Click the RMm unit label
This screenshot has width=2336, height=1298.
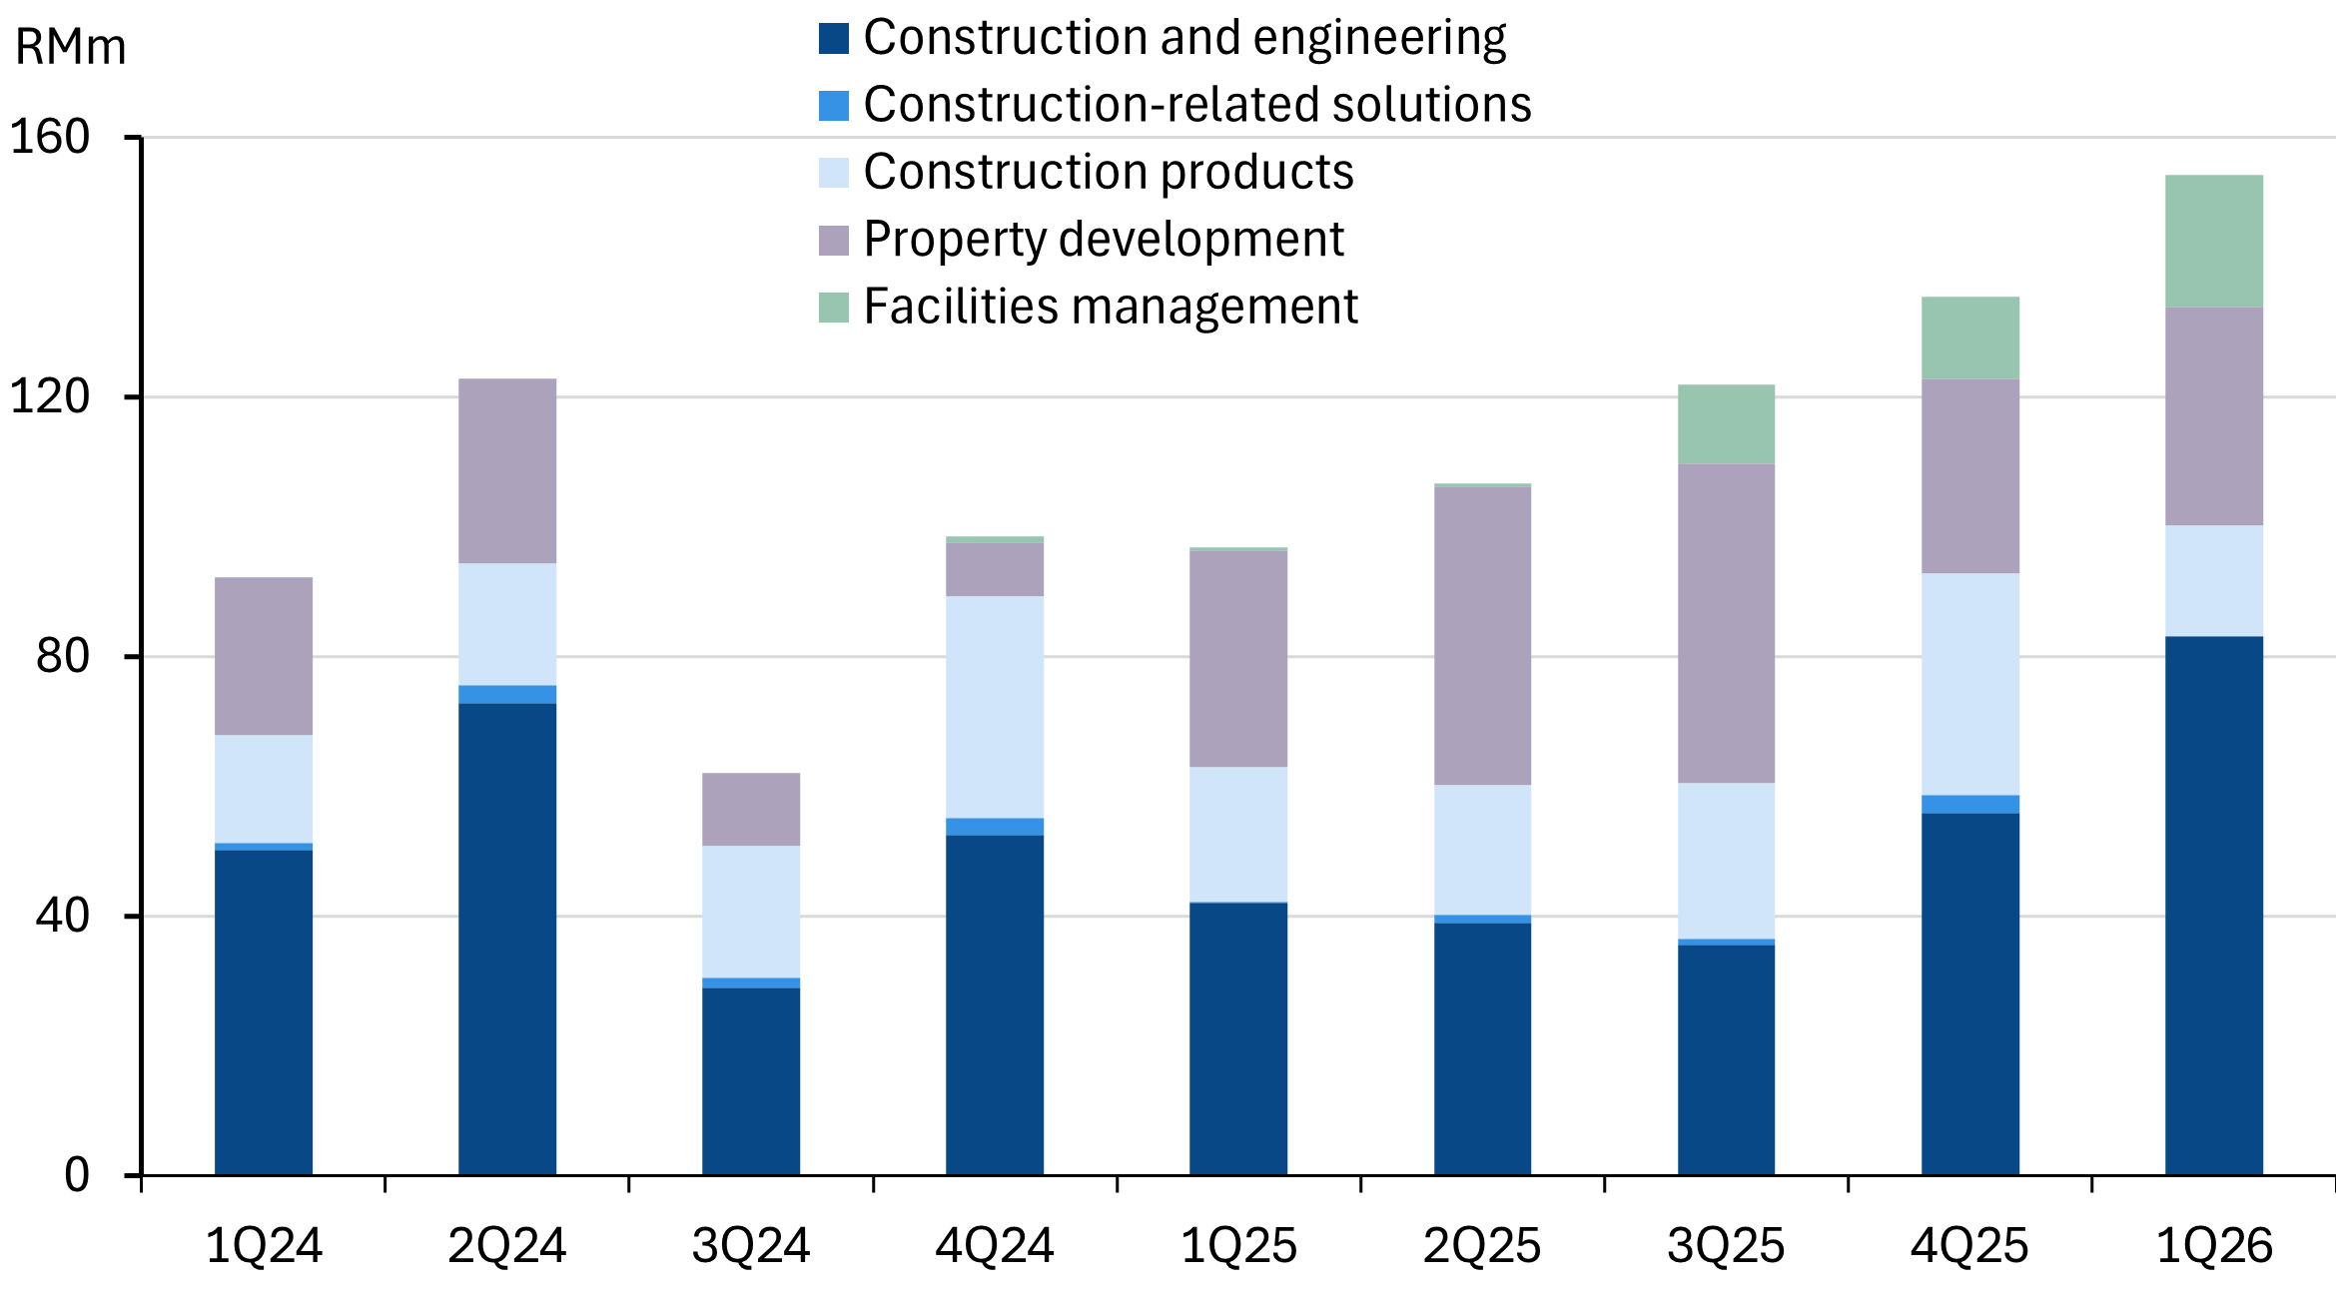70,48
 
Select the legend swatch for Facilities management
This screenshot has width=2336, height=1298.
834,308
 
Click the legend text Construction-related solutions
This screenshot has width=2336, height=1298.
1196,105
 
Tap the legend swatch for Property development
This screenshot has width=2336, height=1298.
834,241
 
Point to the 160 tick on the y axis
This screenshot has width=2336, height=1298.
50,137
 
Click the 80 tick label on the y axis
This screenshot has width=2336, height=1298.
62,656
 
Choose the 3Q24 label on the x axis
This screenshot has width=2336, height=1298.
751,1246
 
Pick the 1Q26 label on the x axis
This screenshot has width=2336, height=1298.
2213,1246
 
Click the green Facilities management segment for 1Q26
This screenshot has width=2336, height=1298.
2213,241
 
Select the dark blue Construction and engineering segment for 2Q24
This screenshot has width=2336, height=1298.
507,939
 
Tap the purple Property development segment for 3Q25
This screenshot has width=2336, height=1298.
1726,623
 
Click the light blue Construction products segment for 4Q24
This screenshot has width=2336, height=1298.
995,707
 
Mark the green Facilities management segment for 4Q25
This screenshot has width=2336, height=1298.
1969,337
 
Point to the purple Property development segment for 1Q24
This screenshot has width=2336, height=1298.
264,656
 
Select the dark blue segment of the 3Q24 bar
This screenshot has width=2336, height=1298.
751,1080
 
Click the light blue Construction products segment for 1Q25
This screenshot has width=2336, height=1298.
1238,834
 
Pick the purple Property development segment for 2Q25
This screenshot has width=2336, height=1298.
1482,635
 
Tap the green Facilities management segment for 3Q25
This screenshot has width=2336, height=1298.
1726,424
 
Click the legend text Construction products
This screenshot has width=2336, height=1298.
1108,172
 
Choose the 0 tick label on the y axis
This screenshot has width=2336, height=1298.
76,1175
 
